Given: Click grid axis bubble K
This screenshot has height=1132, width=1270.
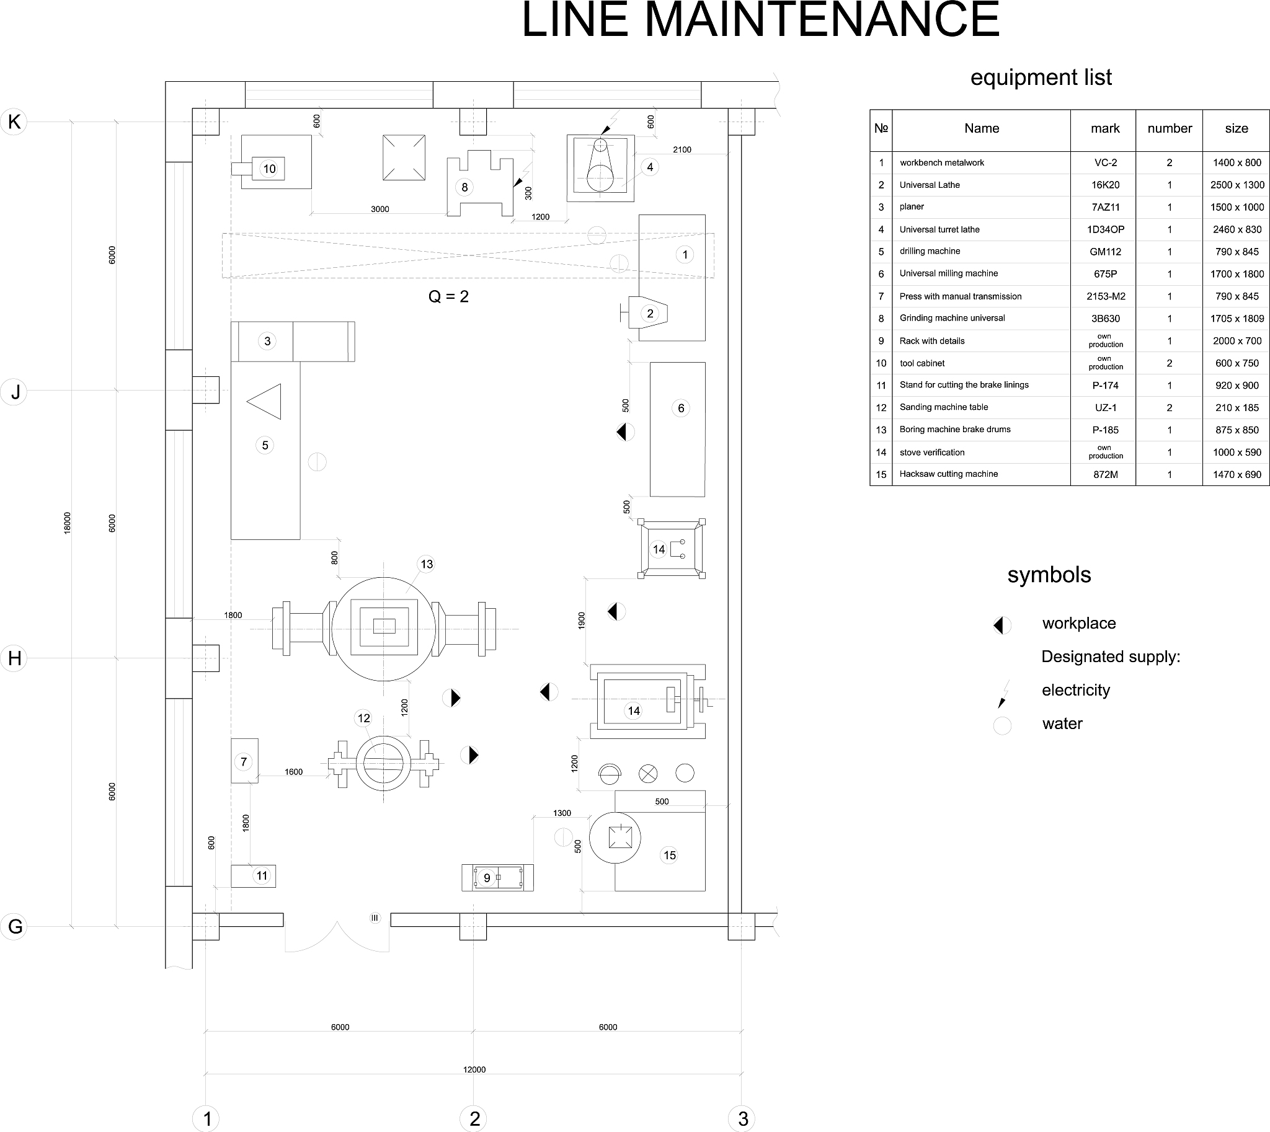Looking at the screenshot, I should click(x=14, y=122).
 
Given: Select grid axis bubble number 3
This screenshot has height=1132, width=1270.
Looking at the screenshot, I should click(x=742, y=1118).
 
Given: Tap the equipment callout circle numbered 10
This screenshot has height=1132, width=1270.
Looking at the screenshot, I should click(x=269, y=169).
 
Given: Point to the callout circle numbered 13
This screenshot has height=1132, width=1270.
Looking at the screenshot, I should click(x=426, y=564).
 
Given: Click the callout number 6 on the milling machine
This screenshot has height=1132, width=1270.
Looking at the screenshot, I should click(x=681, y=408).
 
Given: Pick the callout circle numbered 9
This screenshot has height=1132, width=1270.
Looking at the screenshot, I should click(x=487, y=878).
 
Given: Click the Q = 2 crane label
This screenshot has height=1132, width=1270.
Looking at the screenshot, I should click(x=448, y=297).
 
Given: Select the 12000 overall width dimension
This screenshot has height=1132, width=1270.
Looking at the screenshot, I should click(x=474, y=1069).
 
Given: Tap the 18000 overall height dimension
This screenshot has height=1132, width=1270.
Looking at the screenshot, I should click(x=68, y=523).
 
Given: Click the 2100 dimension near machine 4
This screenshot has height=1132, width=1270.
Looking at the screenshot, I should click(x=682, y=149).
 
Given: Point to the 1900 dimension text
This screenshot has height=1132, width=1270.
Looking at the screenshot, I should click(x=582, y=620).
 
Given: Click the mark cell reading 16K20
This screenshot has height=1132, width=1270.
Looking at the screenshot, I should click(x=1105, y=185).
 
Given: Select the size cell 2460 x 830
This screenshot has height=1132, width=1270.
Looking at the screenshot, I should click(x=1237, y=229).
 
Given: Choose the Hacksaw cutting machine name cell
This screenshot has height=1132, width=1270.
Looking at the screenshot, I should click(x=948, y=474).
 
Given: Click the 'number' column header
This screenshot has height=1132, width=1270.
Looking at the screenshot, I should click(x=1169, y=129).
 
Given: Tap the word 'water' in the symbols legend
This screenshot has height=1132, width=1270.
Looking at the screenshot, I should click(x=1062, y=723).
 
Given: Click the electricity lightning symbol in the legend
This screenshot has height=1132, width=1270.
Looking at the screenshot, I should click(x=1003, y=693).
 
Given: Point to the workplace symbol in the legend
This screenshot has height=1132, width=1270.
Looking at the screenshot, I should click(x=1002, y=625).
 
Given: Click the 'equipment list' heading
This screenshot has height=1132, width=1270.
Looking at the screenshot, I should click(x=1041, y=77).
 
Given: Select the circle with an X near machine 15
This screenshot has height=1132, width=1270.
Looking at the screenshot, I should click(x=648, y=774).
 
